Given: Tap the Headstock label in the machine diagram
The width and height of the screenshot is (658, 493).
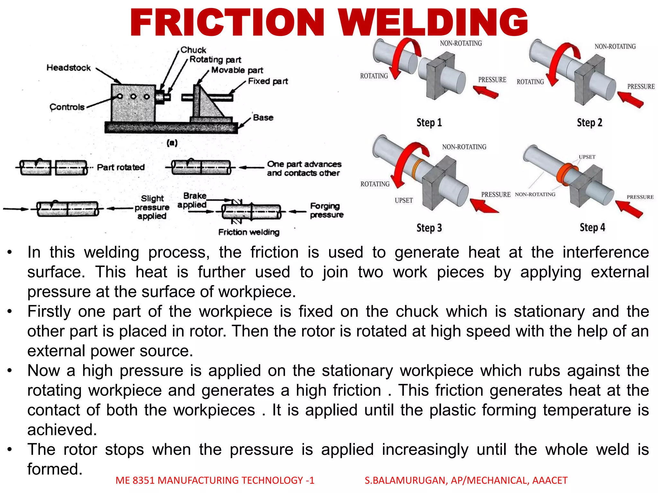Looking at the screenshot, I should click(x=68, y=68).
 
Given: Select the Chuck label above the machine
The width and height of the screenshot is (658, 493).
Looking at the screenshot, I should click(x=193, y=50).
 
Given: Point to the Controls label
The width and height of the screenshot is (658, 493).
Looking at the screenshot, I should click(x=67, y=107).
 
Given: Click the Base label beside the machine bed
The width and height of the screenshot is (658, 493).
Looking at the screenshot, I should click(x=263, y=117).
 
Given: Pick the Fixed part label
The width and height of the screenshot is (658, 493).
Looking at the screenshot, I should click(x=268, y=81).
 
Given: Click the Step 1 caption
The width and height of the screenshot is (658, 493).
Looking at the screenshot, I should click(x=429, y=123).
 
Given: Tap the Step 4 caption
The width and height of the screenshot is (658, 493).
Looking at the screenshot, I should click(x=592, y=228).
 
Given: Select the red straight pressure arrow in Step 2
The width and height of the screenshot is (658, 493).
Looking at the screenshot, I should click(x=630, y=99).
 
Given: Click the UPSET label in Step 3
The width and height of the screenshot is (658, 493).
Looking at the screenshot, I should click(x=404, y=200).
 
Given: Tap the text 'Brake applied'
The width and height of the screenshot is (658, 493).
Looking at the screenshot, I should click(x=193, y=200).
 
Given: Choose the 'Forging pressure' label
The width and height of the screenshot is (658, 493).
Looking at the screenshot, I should click(x=326, y=210).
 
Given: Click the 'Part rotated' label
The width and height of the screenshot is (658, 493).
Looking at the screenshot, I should click(x=120, y=167).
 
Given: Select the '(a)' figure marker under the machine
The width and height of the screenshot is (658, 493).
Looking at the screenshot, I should click(x=172, y=143).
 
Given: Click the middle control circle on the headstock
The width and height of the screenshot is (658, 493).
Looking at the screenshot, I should click(x=133, y=97).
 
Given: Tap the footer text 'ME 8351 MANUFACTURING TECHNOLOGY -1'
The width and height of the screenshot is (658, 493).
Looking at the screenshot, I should click(x=215, y=480).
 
